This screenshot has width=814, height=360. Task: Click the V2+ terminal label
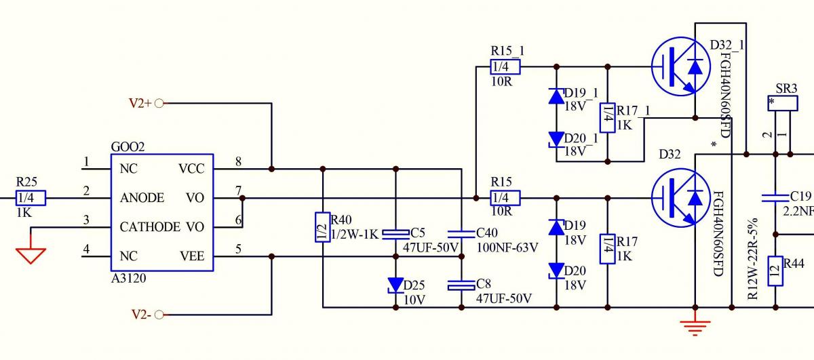click(140, 104)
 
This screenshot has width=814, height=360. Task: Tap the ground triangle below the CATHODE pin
click(31, 256)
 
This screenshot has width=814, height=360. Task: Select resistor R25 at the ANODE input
click(31, 198)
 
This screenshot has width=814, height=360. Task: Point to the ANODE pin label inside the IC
click(142, 198)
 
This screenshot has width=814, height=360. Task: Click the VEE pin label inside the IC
click(192, 256)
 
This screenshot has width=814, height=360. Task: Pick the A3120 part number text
click(128, 277)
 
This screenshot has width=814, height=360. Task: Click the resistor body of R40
click(322, 227)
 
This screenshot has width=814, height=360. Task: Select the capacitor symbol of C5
click(395, 234)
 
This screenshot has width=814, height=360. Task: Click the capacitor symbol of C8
click(461, 285)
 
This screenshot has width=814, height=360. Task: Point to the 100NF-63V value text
click(507, 248)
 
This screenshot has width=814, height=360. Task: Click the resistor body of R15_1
click(505, 66)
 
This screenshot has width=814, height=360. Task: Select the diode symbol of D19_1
click(556, 96)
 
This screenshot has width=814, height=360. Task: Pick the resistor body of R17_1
click(607, 117)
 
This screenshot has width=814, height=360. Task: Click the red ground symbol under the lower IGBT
click(693, 327)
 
